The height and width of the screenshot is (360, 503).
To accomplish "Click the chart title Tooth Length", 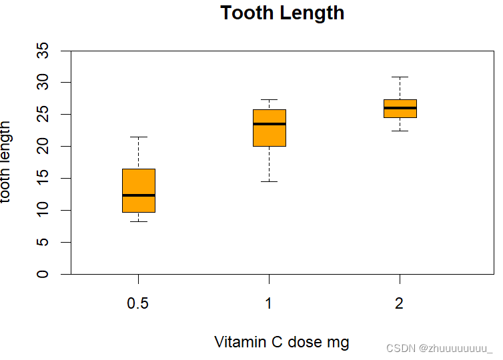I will pos(282,13).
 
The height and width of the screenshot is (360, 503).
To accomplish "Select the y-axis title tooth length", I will pos(6,162).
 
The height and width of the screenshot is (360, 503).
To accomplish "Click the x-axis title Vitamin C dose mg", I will pos(282,342).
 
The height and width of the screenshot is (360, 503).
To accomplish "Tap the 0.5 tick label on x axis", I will pos(138,304).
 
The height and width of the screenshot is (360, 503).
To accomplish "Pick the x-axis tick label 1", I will pos(269,304).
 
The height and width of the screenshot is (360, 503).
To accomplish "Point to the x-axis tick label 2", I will pos(399,304).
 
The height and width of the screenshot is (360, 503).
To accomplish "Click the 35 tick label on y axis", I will pos(43,51).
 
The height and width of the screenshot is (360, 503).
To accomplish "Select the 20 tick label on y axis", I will pos(43,146).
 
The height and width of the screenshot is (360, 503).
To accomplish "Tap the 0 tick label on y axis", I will pos(43,274).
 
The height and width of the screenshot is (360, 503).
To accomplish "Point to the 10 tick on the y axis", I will pos(43,210).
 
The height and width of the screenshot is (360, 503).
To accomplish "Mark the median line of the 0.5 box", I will pos(139,195).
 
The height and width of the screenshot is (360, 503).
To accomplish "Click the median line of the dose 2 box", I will pos(400,108).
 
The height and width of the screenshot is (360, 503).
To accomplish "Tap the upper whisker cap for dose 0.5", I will pos(139,137).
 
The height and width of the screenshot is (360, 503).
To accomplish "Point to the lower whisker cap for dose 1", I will pos(270,181).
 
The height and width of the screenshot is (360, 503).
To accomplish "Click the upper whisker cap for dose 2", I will pos(400,77).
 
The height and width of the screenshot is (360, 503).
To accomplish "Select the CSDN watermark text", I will pos(439,348).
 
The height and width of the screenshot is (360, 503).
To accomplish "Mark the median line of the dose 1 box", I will pos(270,124).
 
